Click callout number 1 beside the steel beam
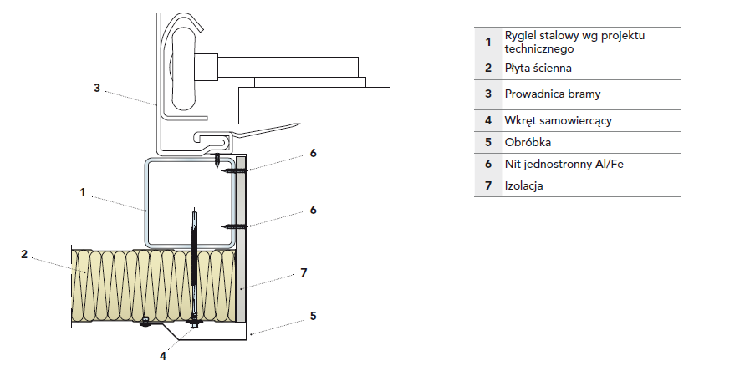(83, 192)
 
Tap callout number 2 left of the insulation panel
(24, 253)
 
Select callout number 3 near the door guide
(97, 88)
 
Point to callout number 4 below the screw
(163, 355)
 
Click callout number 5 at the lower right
(313, 316)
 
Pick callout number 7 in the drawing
(304, 273)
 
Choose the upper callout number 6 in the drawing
(313, 153)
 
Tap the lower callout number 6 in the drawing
(313, 210)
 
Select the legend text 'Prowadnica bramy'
(553, 94)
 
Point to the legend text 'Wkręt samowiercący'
(558, 121)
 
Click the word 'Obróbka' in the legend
(528, 143)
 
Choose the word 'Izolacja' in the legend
(524, 185)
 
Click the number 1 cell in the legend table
(487, 40)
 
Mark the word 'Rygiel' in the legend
(520, 35)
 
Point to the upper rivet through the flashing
(233, 170)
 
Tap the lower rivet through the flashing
(233, 226)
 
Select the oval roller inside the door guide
(181, 67)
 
